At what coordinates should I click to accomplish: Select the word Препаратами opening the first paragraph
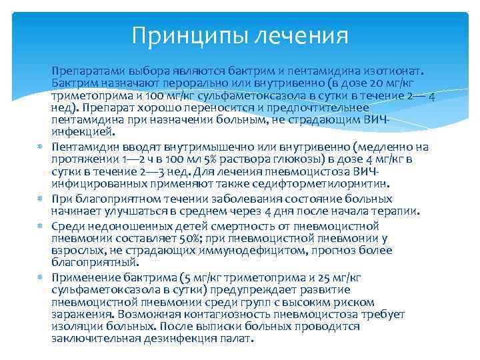(x=84, y=71)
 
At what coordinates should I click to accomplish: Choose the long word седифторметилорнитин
(x=326, y=183)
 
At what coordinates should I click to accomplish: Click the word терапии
(x=395, y=211)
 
